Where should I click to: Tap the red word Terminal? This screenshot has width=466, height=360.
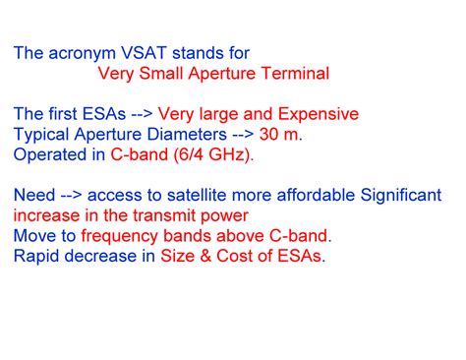[294, 73]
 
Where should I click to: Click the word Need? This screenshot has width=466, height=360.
[33, 195]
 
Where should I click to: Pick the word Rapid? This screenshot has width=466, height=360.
[37, 257]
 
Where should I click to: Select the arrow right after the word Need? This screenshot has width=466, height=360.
[75, 195]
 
